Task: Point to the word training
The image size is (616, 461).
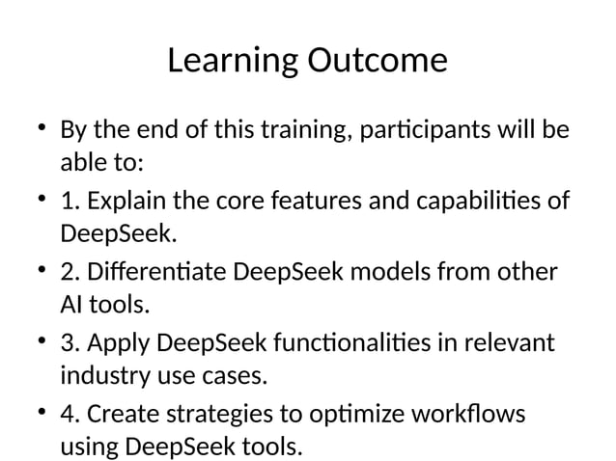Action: click(300, 130)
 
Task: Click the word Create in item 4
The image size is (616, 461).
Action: click(123, 415)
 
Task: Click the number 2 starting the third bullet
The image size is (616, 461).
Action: click(68, 273)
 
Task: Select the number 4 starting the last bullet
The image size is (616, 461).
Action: click(68, 415)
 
